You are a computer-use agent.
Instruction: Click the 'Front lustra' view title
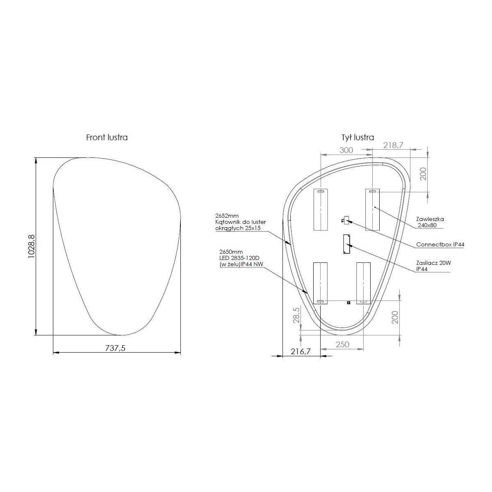[x=107, y=137]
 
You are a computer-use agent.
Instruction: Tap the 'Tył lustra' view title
[x=358, y=137]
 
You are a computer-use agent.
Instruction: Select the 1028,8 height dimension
[x=32, y=246]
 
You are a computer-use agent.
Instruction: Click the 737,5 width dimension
[x=115, y=348]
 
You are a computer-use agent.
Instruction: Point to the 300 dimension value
[x=346, y=150]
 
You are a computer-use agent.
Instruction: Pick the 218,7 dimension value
[x=393, y=145]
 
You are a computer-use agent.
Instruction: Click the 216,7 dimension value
[x=301, y=351]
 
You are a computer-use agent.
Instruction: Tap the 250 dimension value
[x=342, y=344]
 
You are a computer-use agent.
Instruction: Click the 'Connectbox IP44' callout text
[x=440, y=244]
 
